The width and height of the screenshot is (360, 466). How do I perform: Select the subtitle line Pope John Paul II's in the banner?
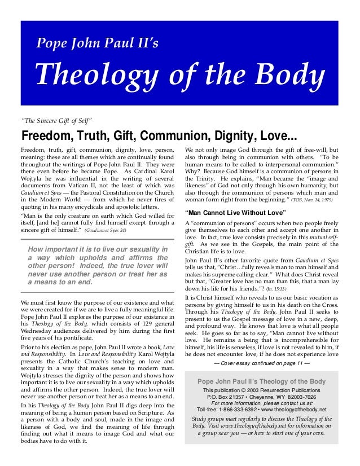tap(98, 42)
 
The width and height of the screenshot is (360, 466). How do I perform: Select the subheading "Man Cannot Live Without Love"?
tap(236, 213)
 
